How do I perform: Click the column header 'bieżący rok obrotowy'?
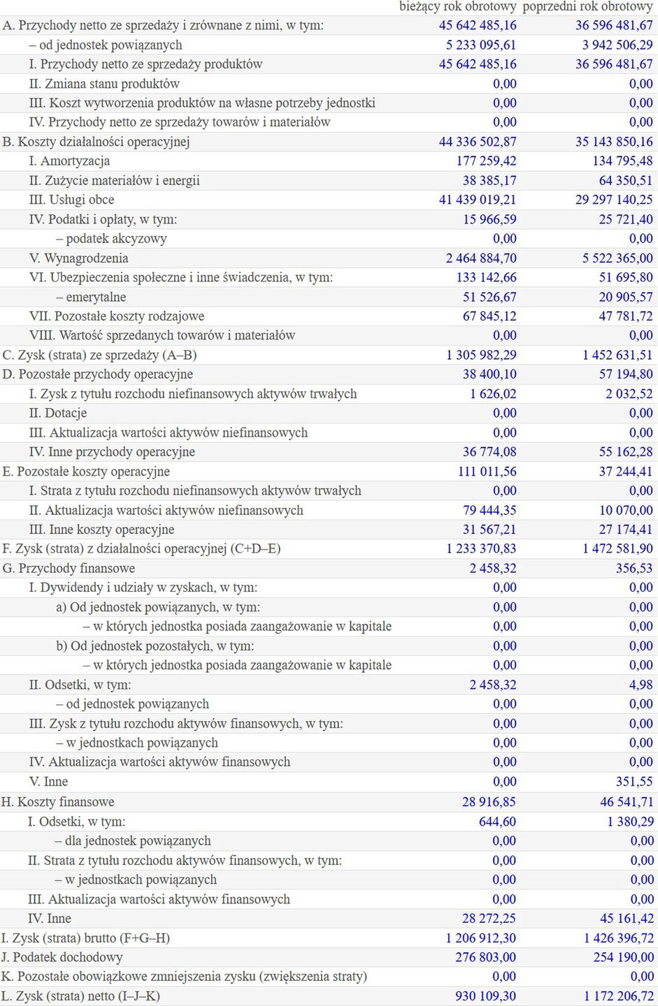(x=458, y=6)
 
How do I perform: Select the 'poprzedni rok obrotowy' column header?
(x=587, y=6)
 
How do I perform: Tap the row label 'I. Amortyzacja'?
(x=69, y=161)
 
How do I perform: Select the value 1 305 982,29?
(x=481, y=355)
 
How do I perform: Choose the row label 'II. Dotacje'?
(x=58, y=413)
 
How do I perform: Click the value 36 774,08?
(x=489, y=452)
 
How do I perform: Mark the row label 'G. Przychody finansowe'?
(x=69, y=569)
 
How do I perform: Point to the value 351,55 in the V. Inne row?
(x=634, y=782)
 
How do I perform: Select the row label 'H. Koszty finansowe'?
(x=58, y=802)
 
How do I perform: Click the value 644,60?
(x=497, y=822)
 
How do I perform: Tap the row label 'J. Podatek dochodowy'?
(x=62, y=957)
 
